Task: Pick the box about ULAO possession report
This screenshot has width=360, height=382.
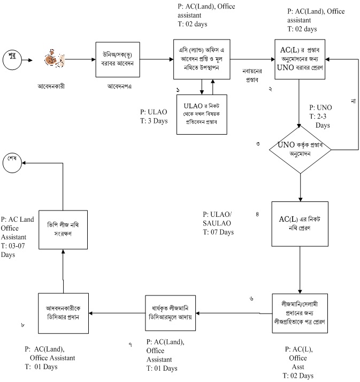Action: click(x=202, y=111)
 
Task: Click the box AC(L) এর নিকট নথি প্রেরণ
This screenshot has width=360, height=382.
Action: click(x=299, y=222)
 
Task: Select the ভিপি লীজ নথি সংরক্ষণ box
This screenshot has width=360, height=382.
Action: click(x=64, y=229)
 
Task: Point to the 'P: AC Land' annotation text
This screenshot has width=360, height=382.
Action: click(x=18, y=219)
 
